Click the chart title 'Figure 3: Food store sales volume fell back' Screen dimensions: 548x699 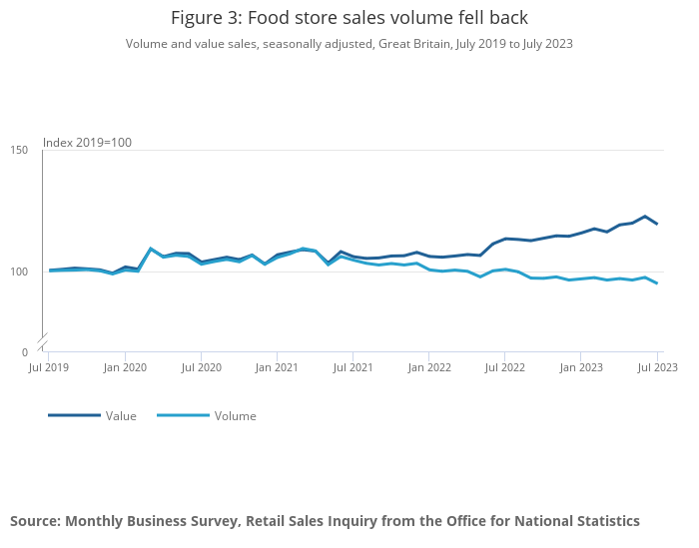click(349, 18)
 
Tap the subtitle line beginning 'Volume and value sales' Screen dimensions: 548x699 click(349, 44)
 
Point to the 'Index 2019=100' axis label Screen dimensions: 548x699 click(87, 143)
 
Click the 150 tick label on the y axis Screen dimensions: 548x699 click(19, 151)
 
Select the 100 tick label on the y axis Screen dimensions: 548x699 click(19, 272)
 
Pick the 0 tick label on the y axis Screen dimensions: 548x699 click(24, 352)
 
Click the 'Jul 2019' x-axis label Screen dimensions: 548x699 click(49, 367)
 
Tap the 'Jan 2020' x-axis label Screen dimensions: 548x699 click(125, 367)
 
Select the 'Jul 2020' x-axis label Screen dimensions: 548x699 click(201, 367)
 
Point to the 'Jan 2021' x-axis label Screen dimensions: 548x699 click(277, 367)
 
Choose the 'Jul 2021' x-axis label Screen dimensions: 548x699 click(352, 367)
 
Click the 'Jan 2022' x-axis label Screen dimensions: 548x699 click(428, 367)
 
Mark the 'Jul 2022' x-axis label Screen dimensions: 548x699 click(504, 367)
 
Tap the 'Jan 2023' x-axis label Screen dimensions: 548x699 click(580, 367)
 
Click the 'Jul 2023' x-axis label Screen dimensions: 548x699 click(657, 367)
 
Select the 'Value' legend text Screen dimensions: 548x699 click(121, 416)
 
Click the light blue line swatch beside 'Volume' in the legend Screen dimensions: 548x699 click(183, 415)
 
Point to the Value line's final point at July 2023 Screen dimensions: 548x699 click(657, 224)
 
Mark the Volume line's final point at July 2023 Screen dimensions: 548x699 click(657, 283)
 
